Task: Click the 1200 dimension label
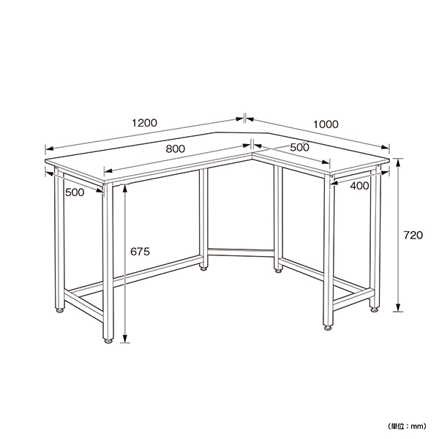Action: point(144,123)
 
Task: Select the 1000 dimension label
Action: point(326,124)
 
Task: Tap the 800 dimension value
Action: point(176,149)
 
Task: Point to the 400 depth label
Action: point(359,185)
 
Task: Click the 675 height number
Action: point(140,252)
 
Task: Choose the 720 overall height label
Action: point(413,235)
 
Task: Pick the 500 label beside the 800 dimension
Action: point(299,147)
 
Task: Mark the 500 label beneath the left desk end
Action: point(75,192)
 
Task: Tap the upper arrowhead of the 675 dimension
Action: point(125,189)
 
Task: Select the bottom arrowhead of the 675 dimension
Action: point(125,339)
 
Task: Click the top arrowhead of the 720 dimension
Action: point(398,162)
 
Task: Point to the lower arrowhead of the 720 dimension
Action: point(398,307)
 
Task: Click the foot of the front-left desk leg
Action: point(108,341)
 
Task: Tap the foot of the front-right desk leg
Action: point(328,328)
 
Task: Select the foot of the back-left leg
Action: point(59,310)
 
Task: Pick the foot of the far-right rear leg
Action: point(375,309)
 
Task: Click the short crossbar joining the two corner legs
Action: point(241,252)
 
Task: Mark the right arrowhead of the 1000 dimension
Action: point(386,147)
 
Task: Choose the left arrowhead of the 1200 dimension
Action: point(50,149)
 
